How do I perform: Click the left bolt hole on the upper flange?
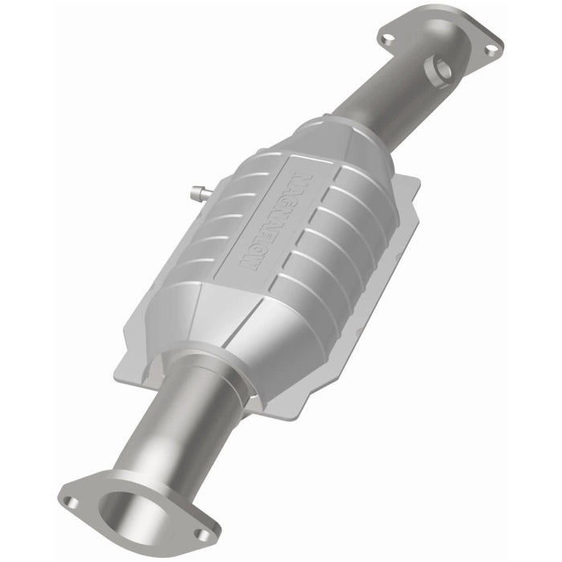click(389, 37)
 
